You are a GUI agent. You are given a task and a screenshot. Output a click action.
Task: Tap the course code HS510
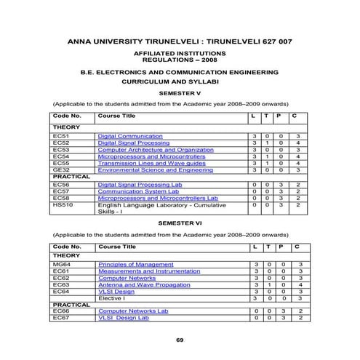click(62, 205)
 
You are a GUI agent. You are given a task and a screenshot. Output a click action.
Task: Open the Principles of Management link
click(135, 264)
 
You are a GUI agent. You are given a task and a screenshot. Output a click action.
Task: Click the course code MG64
click(61, 264)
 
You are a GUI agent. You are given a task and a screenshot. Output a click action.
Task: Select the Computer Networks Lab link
click(132, 311)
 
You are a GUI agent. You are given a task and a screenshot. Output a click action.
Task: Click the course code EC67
click(60, 318)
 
